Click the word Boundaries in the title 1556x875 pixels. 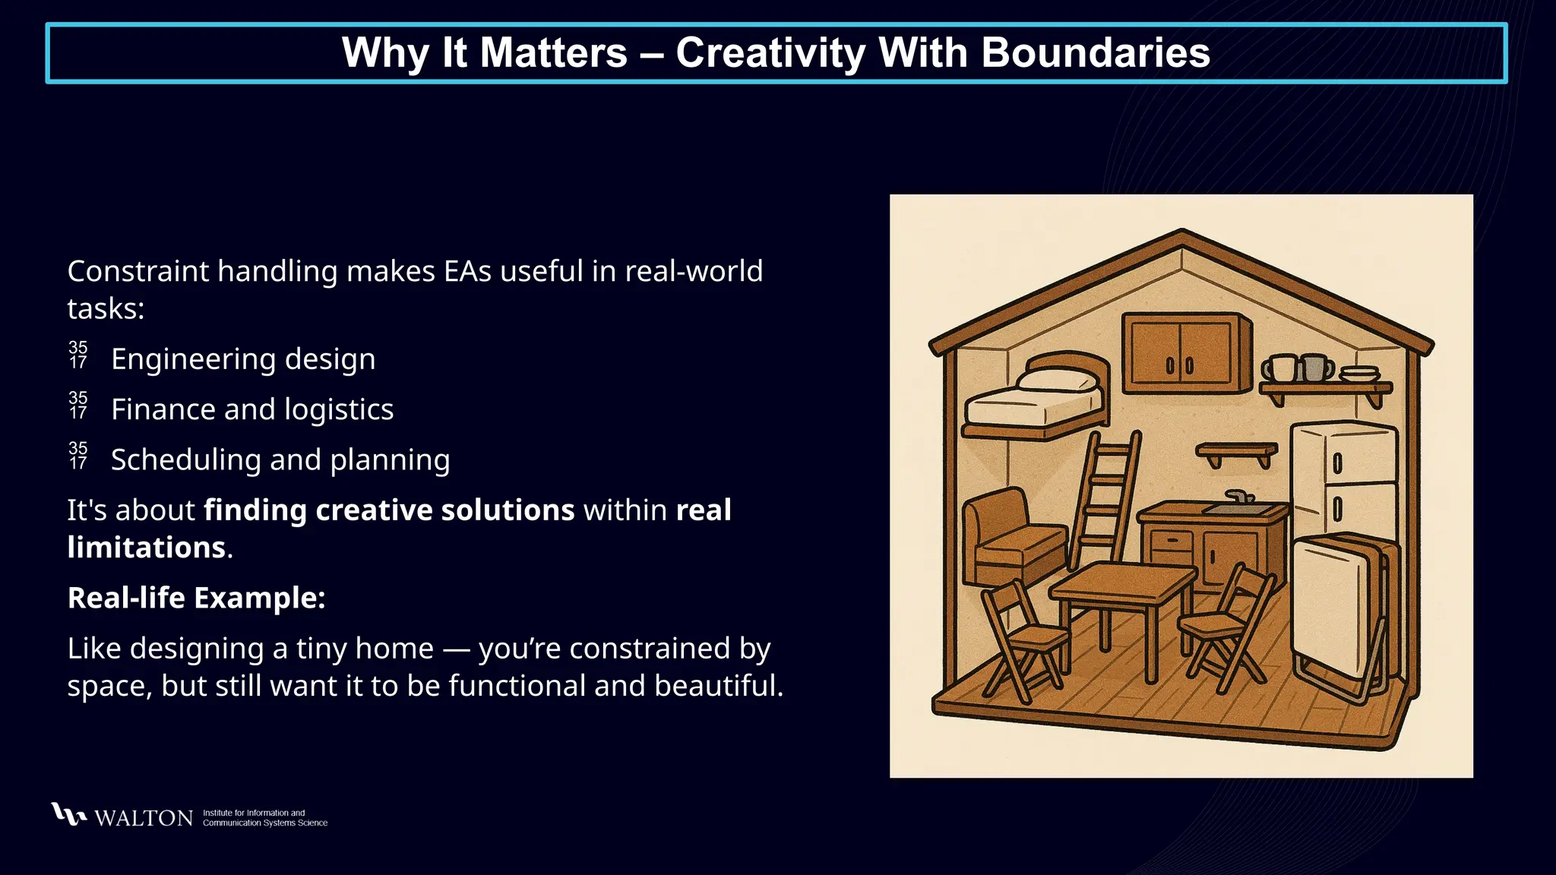coord(1095,53)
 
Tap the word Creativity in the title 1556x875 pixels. coord(770,53)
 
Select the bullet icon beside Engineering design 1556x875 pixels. coord(78,355)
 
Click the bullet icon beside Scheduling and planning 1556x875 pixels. coord(78,456)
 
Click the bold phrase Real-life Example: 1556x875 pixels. coord(196,598)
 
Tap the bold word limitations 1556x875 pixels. coord(146,548)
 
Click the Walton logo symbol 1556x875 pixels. coord(68,814)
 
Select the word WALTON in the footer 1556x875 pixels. coord(144,818)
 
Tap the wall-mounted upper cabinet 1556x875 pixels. coord(1185,353)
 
